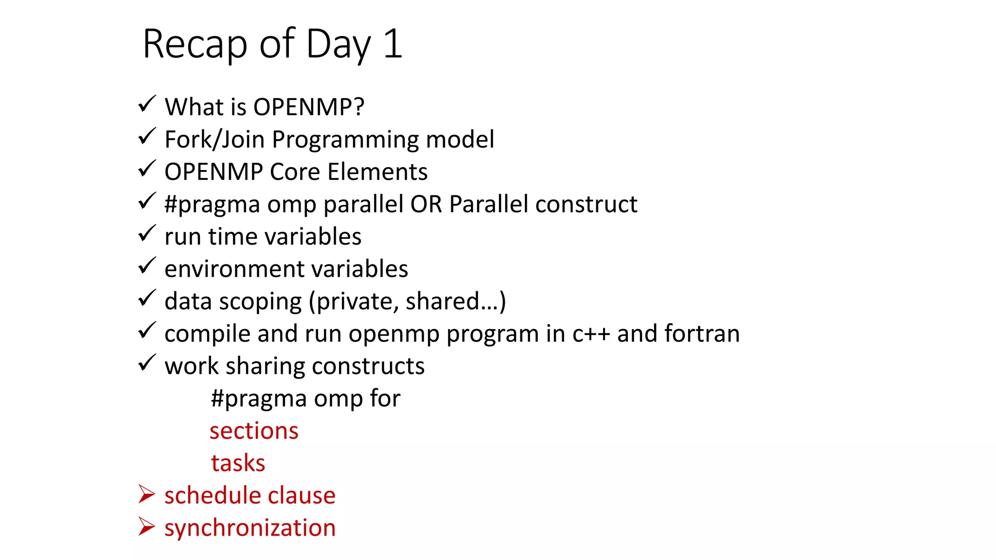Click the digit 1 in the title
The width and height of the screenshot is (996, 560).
click(x=393, y=44)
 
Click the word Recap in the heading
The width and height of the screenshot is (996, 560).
click(x=195, y=44)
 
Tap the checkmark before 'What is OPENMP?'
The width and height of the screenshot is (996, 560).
click(x=146, y=104)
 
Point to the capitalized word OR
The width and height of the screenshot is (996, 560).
click(x=426, y=204)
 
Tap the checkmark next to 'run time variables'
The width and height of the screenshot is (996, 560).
click(x=146, y=233)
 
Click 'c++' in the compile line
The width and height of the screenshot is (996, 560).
click(x=591, y=334)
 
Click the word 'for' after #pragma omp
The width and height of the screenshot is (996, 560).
click(x=385, y=399)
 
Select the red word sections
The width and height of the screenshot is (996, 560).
click(x=254, y=431)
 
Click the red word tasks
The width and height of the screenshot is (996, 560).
click(x=238, y=463)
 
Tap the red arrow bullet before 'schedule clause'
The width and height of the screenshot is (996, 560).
click(x=146, y=494)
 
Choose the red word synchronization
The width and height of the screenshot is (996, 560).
click(x=250, y=528)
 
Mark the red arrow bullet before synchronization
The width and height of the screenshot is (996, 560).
click(x=146, y=526)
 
